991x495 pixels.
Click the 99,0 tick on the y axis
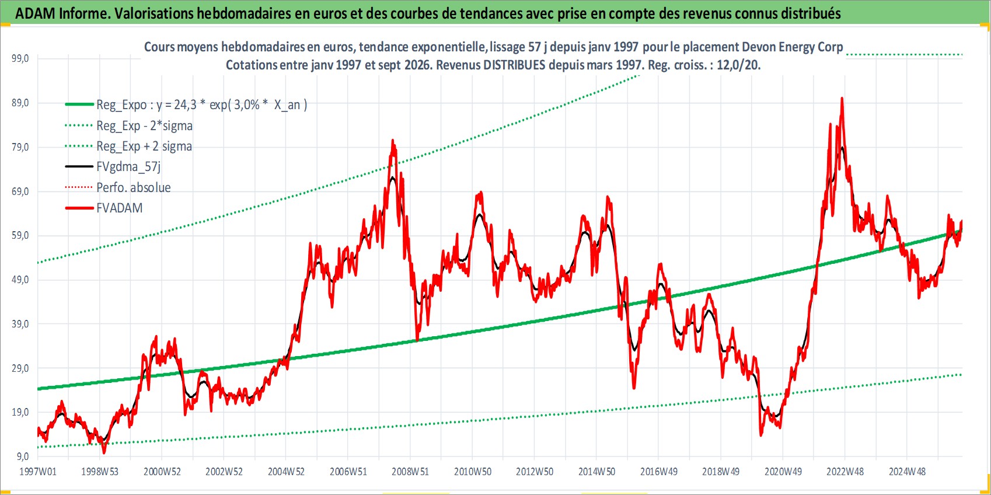coord(20,58)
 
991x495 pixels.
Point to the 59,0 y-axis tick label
coord(20,235)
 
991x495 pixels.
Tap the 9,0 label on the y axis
coord(22,456)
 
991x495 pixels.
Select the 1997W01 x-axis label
coord(38,472)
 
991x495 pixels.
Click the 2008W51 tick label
coord(410,472)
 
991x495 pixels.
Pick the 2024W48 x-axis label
coord(907,472)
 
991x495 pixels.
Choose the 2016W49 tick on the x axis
coord(659,472)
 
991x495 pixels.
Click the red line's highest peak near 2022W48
coord(842,98)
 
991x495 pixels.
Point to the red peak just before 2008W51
coord(392,140)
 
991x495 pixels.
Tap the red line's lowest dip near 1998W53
coord(104,453)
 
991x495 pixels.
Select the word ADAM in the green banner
coord(36,13)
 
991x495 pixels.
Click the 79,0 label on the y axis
coord(20,147)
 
